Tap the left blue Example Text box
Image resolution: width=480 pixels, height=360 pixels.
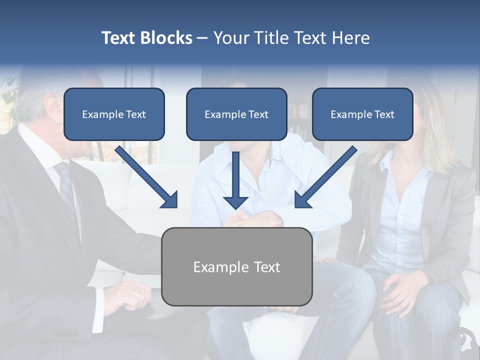coord(114,114)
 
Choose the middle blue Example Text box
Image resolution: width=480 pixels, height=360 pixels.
coord(236,114)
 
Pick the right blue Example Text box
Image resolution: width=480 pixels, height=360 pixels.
coord(362,114)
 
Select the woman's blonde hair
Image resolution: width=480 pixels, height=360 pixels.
coord(440,135)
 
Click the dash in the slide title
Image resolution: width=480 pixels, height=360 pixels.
coord(202,38)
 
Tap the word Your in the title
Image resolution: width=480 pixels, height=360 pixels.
coord(230,38)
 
